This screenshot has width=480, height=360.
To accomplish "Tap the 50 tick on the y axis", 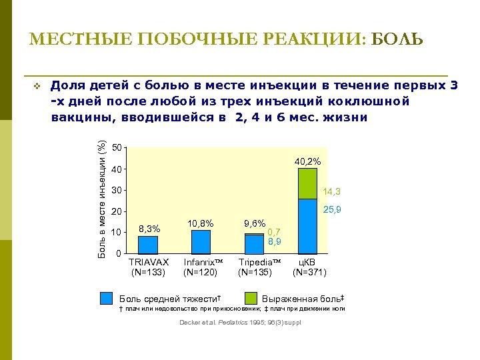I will click(x=117, y=147).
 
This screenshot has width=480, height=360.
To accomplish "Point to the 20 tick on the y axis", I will click(x=117, y=212).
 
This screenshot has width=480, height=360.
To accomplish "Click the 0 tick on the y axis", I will click(x=119, y=254).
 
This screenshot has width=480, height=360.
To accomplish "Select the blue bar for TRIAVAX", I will click(x=148, y=245).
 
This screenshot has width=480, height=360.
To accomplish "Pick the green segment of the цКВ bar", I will click(x=307, y=183).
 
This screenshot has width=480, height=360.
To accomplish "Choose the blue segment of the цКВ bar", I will click(x=307, y=227).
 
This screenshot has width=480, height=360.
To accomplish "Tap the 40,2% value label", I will click(x=307, y=161).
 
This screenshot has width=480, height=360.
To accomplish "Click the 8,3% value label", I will click(x=149, y=229).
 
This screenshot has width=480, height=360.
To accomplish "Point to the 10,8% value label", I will click(x=201, y=223).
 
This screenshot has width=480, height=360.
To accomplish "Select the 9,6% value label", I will click(x=255, y=224).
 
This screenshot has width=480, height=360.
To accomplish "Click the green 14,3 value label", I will click(x=331, y=192).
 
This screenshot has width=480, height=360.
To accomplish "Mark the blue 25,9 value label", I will click(x=331, y=211).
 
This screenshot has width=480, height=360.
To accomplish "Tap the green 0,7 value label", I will click(x=274, y=231).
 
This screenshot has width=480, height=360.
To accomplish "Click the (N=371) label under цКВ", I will click(x=309, y=272).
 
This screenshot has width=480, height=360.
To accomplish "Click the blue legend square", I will click(x=107, y=298).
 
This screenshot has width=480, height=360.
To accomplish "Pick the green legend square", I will click(x=251, y=298).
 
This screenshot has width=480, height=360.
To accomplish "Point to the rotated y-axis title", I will click(x=101, y=200).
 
